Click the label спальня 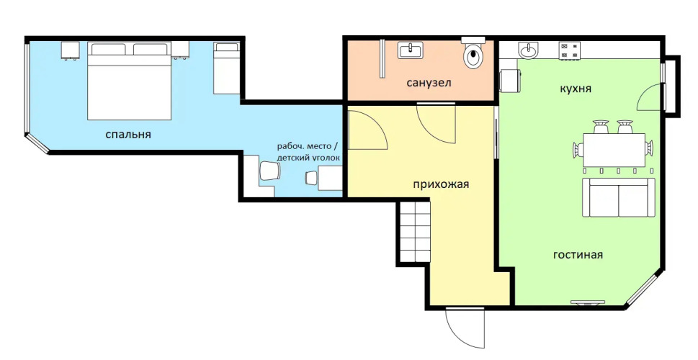coord(128,135)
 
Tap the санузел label coord(429,83)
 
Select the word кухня coord(576,89)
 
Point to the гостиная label coord(578,255)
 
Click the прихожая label coord(441,184)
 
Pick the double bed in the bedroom coord(129,81)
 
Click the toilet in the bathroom coord(473,53)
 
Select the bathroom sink coord(411,50)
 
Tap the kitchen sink coord(529,50)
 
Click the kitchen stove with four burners coord(570,50)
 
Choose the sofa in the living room coord(619,197)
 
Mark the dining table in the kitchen coord(614,150)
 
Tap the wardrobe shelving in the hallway coord(415,232)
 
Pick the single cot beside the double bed coord(227,68)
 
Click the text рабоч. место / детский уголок coord(308,152)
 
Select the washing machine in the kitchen coord(510,81)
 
